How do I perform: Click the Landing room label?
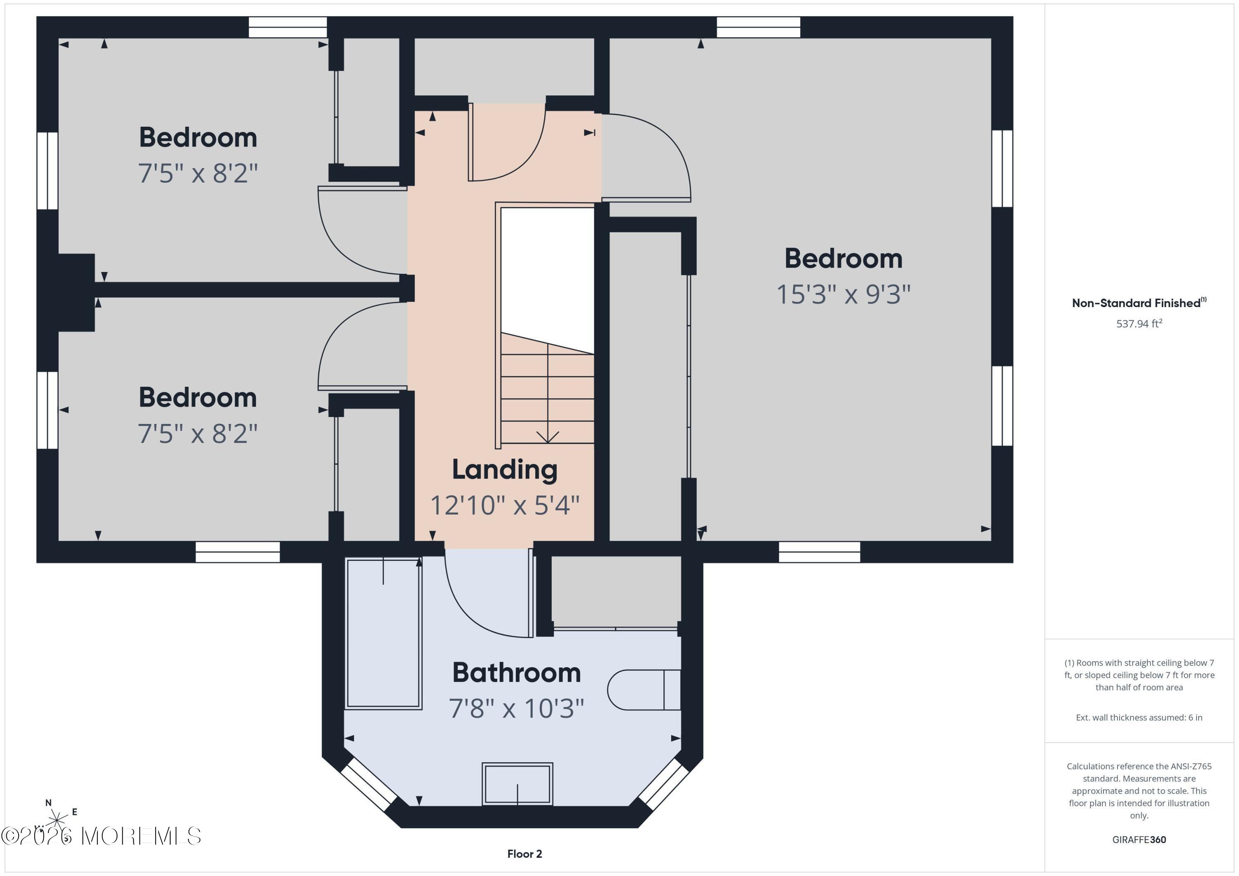coord(505,469)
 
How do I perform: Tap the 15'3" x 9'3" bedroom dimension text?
coord(843,294)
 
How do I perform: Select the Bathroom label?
coord(516,672)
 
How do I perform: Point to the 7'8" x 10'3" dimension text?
coord(516,708)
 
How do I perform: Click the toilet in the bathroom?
coord(644,690)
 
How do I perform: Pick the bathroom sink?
coord(517,784)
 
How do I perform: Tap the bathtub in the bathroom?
coord(383,633)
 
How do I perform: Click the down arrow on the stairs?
coord(548,393)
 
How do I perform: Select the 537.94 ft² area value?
coord(1139,324)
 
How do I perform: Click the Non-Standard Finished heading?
coord(1139,303)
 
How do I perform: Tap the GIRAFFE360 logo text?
coord(1139,839)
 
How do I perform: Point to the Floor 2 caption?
coord(525,854)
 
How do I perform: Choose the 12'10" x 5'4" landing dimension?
coord(505,505)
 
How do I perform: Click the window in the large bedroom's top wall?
coord(758,27)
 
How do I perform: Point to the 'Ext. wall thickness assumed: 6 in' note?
coord(1139,717)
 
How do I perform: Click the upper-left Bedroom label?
coord(198,137)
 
